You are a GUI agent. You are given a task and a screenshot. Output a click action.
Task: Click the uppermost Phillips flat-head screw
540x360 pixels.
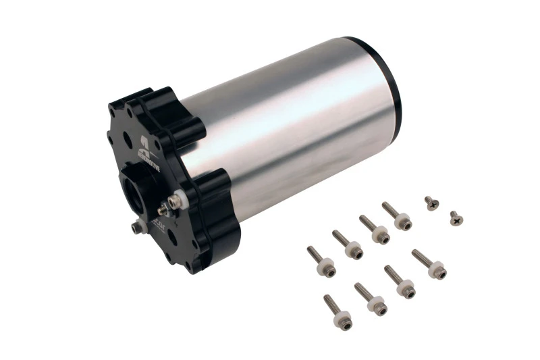[431, 202]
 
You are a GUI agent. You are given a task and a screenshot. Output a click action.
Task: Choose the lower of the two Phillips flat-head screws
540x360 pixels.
[456, 217]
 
